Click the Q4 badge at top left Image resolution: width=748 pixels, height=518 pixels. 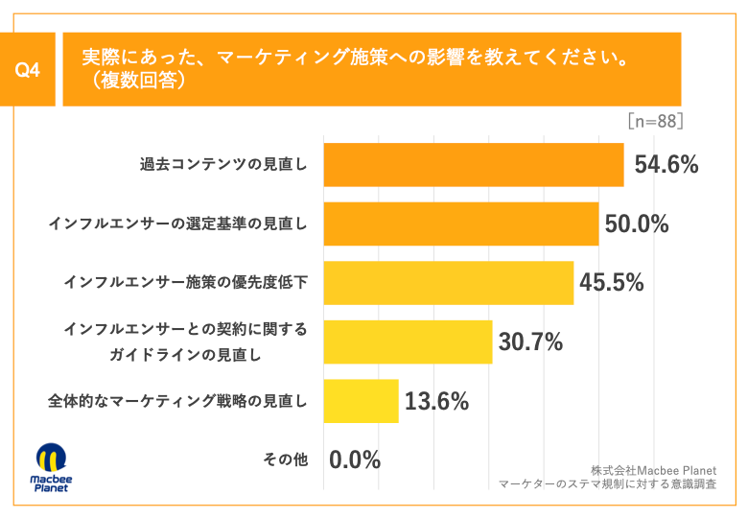pyautogui.click(x=32, y=70)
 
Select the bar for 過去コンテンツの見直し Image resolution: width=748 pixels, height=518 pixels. pyautogui.click(x=474, y=164)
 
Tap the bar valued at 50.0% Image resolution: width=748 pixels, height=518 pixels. pyautogui.click(x=461, y=224)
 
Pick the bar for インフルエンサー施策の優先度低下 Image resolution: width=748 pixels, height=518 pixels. pyautogui.click(x=449, y=283)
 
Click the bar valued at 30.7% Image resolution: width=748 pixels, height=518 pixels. pyautogui.click(x=408, y=342)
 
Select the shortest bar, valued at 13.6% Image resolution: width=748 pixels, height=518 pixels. pyautogui.click(x=361, y=401)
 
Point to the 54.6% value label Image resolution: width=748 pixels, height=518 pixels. pyautogui.click(x=666, y=165)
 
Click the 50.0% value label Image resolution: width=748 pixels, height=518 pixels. pyautogui.click(x=637, y=224)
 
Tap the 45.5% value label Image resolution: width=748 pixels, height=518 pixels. pyautogui.click(x=612, y=283)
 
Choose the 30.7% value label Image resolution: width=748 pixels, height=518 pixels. pyautogui.click(x=529, y=342)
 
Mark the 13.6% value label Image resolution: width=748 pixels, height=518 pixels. pyautogui.click(x=436, y=402)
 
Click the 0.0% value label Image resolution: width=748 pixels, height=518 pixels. pyautogui.click(x=355, y=460)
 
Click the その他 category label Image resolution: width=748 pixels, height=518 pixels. pyautogui.click(x=285, y=460)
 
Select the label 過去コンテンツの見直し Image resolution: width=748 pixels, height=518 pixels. pyautogui.click(x=223, y=165)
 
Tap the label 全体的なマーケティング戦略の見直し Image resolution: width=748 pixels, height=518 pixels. pyautogui.click(x=177, y=402)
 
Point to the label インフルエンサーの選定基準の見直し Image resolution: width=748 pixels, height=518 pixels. pyautogui.click(x=177, y=224)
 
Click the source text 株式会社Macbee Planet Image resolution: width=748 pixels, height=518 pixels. pyautogui.click(x=654, y=469)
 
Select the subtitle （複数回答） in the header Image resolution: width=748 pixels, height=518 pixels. pyautogui.click(x=133, y=82)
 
